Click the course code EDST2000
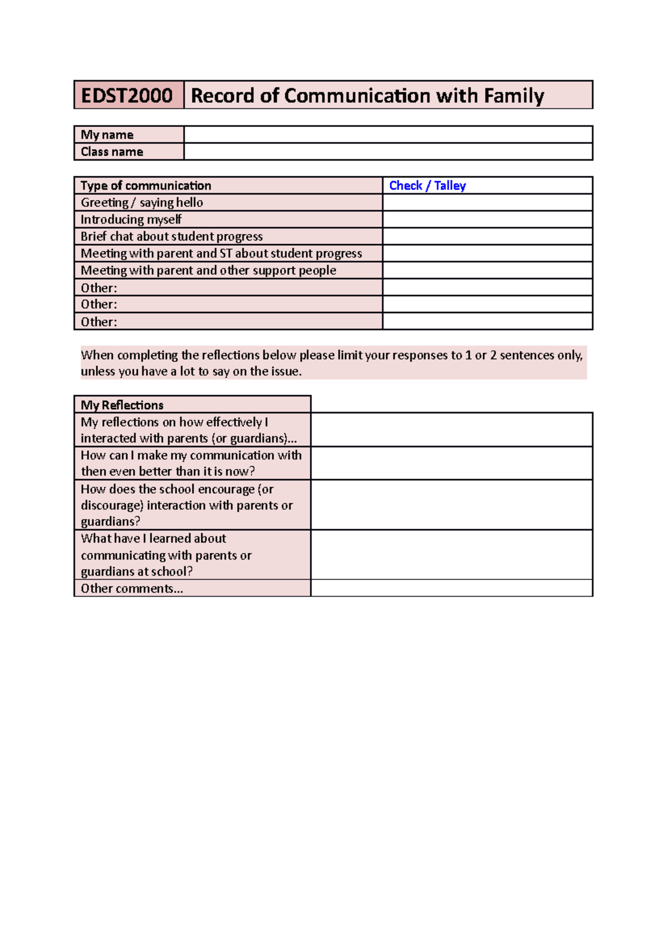pyautogui.click(x=127, y=96)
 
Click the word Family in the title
pyautogui.click(x=513, y=96)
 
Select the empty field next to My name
pyautogui.click(x=387, y=135)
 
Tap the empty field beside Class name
pyautogui.click(x=387, y=152)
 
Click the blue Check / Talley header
pyautogui.click(x=427, y=186)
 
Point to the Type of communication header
pyautogui.click(x=146, y=186)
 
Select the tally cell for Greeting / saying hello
pyautogui.click(x=487, y=202)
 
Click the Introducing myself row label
pyautogui.click(x=131, y=220)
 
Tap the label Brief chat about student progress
pyautogui.click(x=171, y=236)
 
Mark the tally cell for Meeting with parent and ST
pyautogui.click(x=487, y=254)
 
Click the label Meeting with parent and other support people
pyautogui.click(x=208, y=271)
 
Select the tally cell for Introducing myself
pyautogui.click(x=487, y=220)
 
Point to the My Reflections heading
pyautogui.click(x=122, y=405)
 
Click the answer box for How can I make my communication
pyautogui.click(x=451, y=463)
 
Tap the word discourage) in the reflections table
pyautogui.click(x=112, y=505)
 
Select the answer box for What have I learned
pyautogui.click(x=451, y=554)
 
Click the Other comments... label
pyautogui.click(x=132, y=588)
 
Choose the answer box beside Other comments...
pyautogui.click(x=451, y=588)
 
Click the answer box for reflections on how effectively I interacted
pyautogui.click(x=451, y=430)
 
